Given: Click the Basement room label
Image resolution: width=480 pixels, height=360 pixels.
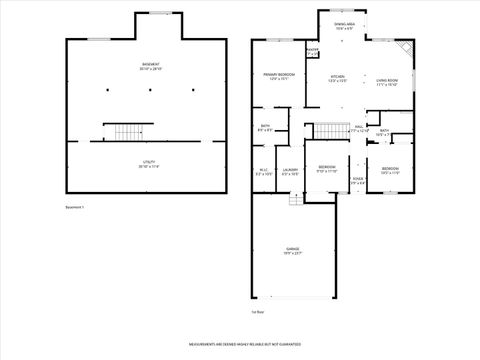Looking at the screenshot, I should (150, 67).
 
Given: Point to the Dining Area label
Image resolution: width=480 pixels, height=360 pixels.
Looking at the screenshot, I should (343, 27).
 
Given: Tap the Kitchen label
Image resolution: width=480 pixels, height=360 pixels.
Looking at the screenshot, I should (339, 79).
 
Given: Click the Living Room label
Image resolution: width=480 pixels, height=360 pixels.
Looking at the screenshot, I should (386, 82).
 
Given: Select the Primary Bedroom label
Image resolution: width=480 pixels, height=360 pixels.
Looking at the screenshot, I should (277, 77).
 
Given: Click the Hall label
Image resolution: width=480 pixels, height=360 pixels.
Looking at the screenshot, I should (357, 129).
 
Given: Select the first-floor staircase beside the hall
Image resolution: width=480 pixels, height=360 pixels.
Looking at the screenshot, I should (329, 131).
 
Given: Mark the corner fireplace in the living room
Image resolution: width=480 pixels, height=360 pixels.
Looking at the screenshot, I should (403, 48).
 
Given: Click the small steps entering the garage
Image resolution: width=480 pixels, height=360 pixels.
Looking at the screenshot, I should (296, 199).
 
